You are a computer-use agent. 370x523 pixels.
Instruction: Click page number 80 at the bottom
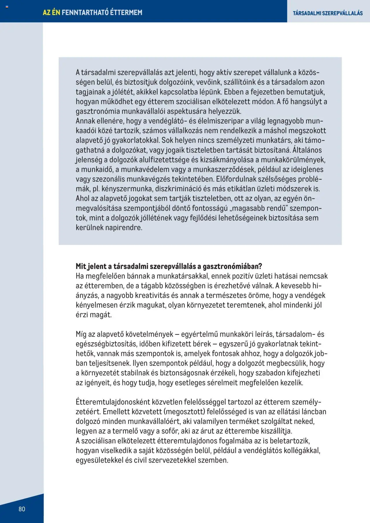(22, 509)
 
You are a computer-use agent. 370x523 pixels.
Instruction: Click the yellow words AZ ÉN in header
(51, 12)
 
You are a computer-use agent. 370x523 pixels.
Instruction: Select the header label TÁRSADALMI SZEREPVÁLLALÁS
(328, 13)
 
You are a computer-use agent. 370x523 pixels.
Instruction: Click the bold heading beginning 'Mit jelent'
(169, 266)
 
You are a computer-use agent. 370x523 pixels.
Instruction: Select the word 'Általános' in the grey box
(307, 150)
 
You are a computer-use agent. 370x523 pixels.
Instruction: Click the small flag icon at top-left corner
(7, 7)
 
